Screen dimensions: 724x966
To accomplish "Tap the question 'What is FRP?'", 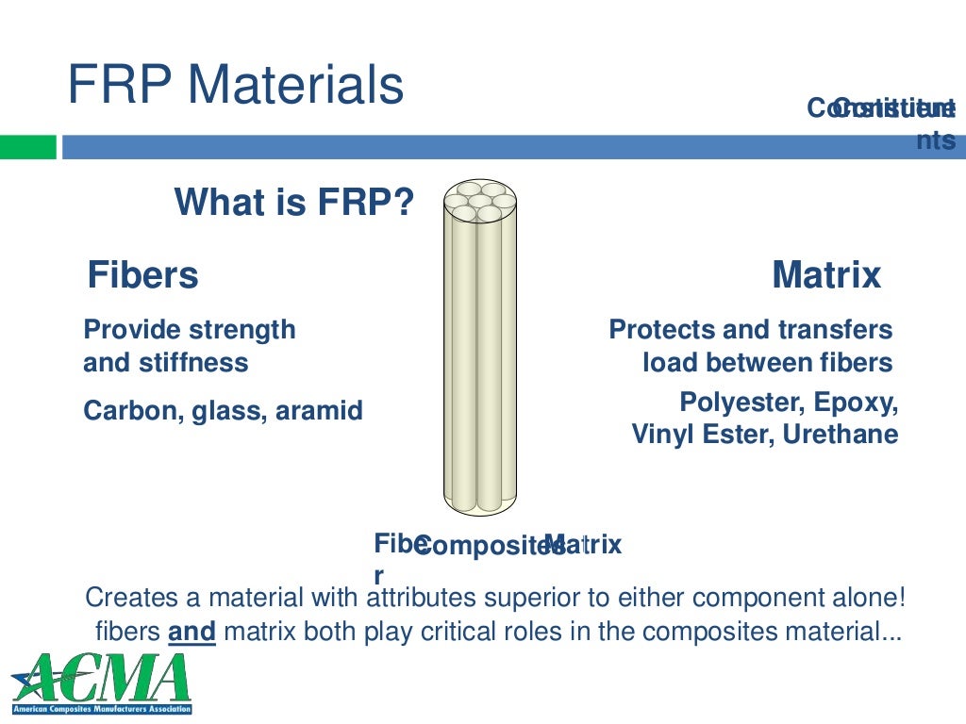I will tap(294, 202).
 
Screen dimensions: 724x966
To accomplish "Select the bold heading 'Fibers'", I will tap(143, 275).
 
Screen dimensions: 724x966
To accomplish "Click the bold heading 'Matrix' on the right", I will tap(825, 275).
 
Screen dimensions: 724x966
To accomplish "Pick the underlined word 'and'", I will tap(192, 632).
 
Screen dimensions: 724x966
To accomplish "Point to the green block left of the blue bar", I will tap(28, 147).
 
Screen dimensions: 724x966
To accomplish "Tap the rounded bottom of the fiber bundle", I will tap(480, 503).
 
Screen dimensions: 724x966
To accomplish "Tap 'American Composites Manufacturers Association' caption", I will tap(102, 708).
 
